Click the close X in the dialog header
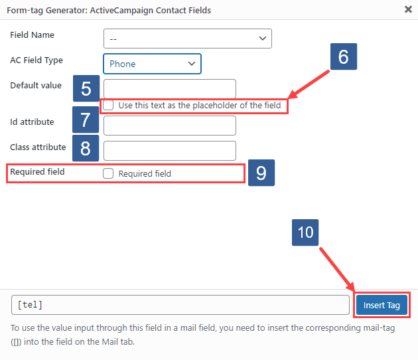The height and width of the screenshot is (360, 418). [407, 10]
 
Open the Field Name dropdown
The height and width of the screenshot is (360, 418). [188, 39]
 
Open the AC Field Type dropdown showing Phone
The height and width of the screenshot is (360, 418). [152, 64]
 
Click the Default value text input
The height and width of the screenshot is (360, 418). [170, 89]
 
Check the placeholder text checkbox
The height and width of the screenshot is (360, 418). [108, 105]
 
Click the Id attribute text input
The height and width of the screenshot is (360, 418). [170, 126]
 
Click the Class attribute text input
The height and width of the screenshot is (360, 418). [170, 151]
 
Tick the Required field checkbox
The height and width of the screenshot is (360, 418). [108, 173]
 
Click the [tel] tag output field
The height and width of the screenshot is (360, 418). [180, 305]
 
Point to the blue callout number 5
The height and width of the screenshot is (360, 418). [86, 88]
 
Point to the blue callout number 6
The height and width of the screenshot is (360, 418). [343, 57]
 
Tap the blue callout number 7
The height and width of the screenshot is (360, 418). [86, 120]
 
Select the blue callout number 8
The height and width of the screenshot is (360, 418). [86, 148]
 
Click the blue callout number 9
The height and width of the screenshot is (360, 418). [261, 173]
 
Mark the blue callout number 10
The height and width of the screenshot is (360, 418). [305, 233]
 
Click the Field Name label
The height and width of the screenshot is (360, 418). [33, 35]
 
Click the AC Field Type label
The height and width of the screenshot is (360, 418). [36, 60]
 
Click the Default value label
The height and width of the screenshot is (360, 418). [36, 86]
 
